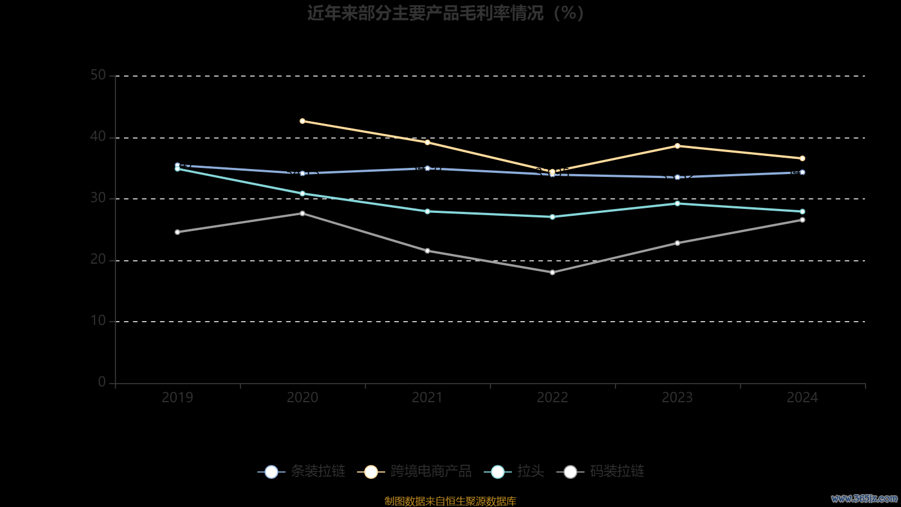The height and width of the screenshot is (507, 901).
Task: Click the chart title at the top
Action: (x=445, y=13)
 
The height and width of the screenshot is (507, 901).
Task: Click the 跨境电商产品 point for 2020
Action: (x=302, y=121)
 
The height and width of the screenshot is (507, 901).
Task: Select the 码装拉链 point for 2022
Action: (x=552, y=273)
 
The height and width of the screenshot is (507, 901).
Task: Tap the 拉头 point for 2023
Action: (x=677, y=203)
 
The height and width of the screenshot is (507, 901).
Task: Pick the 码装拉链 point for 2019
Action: (x=177, y=232)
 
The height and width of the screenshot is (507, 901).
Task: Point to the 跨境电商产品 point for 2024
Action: (x=802, y=159)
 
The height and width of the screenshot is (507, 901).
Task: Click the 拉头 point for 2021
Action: (x=427, y=212)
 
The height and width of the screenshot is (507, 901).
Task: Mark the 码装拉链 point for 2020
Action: (x=302, y=214)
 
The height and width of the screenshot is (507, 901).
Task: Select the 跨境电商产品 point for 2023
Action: (x=677, y=146)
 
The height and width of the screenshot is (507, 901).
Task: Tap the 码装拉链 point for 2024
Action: (x=802, y=220)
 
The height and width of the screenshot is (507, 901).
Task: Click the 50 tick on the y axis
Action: (x=98, y=75)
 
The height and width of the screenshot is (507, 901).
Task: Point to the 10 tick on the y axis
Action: (x=98, y=321)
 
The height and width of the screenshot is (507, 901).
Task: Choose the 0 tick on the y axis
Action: (x=102, y=383)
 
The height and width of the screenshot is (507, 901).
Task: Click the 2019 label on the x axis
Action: (x=177, y=398)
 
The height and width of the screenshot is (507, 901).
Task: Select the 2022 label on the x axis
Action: (x=552, y=398)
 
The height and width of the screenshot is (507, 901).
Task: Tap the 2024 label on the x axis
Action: (x=802, y=398)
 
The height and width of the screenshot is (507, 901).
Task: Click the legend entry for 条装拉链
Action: (x=302, y=472)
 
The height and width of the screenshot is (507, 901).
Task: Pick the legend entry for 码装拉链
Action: (x=601, y=472)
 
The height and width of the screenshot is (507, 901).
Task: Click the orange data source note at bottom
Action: (x=450, y=501)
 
